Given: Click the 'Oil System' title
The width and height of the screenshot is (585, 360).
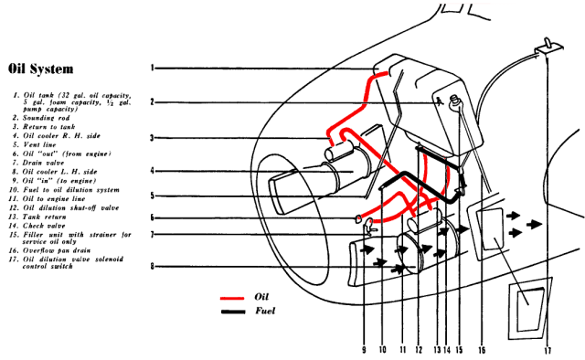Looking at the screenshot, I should [40, 69].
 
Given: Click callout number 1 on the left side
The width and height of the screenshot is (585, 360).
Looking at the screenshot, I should [153, 68].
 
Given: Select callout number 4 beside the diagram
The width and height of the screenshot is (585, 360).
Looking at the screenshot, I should [153, 171].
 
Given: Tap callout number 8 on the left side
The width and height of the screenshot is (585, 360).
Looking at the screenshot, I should [153, 267].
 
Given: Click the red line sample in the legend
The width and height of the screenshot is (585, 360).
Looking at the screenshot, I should [236, 298].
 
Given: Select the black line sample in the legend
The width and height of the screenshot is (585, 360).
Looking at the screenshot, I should [236, 312].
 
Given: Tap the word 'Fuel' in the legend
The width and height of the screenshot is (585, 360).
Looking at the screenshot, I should [266, 312].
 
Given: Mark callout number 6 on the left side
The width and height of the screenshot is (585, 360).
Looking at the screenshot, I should [153, 217].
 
